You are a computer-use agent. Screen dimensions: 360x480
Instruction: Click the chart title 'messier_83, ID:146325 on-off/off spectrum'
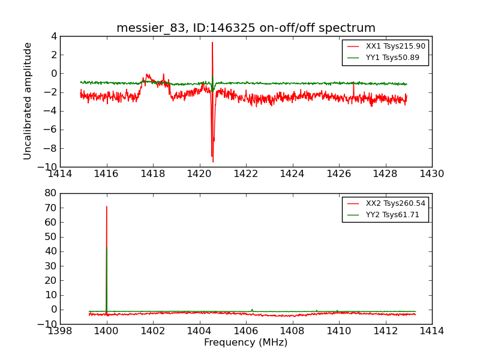[246, 28]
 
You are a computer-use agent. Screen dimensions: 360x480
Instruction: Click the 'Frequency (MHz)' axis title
[246, 343]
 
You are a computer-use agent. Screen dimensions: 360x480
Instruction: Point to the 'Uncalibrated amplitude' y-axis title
[28, 101]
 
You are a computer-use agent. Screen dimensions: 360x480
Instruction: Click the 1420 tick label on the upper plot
[199, 174]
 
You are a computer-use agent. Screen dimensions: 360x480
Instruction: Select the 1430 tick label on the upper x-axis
[431, 174]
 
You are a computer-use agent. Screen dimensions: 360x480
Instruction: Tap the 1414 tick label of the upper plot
[60, 174]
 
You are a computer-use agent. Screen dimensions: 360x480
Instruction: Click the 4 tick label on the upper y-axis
[53, 36]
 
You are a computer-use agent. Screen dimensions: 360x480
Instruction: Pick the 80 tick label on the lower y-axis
[50, 193]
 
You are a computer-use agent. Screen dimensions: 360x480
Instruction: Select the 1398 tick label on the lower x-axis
[60, 331]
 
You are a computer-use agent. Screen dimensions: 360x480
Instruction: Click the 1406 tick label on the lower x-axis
[246, 331]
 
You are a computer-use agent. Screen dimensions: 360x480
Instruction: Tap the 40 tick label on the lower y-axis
[50, 251]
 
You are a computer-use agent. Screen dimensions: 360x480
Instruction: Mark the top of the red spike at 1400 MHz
[107, 206]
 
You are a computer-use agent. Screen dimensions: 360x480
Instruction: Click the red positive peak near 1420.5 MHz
[212, 42]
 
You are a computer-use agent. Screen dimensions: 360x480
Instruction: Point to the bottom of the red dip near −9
[212, 161]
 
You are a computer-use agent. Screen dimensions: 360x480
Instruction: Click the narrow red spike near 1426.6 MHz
[353, 85]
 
